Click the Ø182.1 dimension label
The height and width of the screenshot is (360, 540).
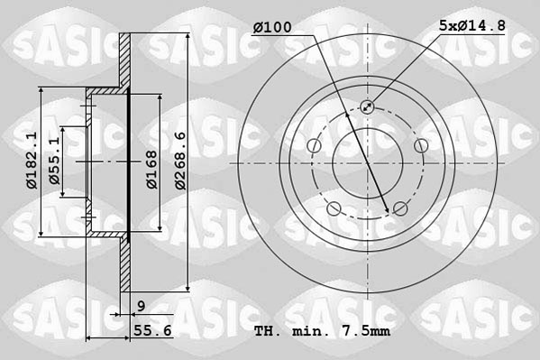pyautogui.click(x=31, y=161)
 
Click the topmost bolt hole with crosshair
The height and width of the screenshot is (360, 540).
pyautogui.click(x=367, y=107)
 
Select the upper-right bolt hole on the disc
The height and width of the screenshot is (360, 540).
pyautogui.click(x=419, y=145)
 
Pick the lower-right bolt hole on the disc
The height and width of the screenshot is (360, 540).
pyautogui.click(x=399, y=208)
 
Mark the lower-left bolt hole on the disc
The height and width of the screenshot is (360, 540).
pyautogui.click(x=334, y=208)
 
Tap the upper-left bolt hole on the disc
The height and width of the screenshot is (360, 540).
pyautogui.click(x=314, y=146)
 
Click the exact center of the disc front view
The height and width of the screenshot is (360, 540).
pyautogui.click(x=367, y=163)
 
